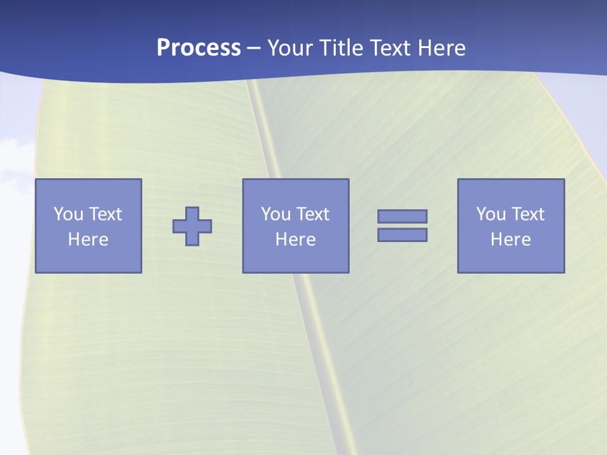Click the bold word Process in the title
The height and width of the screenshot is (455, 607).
199,48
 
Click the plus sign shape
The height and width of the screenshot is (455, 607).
192,226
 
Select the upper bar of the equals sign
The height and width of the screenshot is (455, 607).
402,217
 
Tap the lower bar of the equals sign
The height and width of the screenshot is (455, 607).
402,235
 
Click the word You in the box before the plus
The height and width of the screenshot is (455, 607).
68,214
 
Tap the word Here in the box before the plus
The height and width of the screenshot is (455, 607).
88,240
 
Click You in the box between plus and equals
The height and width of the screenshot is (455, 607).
276,214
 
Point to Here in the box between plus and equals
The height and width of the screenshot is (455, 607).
295,240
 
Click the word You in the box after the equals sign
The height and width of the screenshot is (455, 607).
491,214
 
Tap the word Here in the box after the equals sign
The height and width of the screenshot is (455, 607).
510,240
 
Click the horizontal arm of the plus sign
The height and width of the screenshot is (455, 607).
180,226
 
